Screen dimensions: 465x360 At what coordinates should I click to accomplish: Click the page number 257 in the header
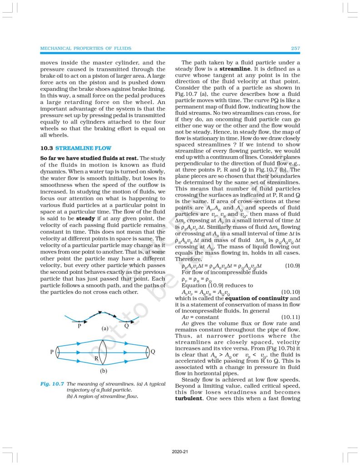coord(294,48)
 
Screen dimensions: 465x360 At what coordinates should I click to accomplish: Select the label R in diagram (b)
coord(96,358)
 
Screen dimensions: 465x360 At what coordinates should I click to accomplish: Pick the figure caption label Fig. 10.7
coord(52,384)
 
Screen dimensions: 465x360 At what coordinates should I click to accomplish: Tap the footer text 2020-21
coord(180,452)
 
